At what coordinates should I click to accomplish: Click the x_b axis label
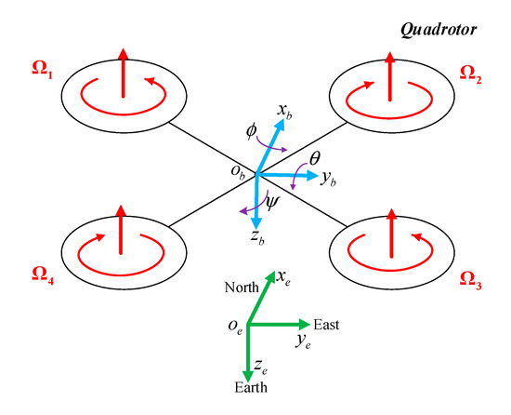click(283, 110)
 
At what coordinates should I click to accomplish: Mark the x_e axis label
click(284, 277)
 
